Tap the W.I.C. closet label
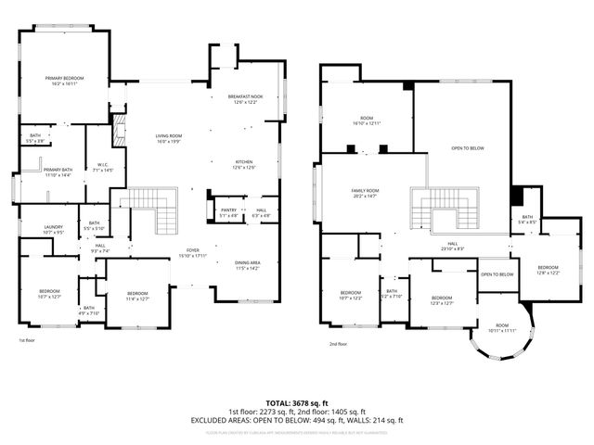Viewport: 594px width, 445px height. pos(104,169)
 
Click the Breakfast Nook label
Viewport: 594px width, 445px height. pos(244,99)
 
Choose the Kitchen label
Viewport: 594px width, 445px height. pos(243,164)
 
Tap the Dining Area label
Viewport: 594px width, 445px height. pos(247,265)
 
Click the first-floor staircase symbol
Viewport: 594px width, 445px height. pos(156,209)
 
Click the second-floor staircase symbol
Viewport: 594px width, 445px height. pos(448,209)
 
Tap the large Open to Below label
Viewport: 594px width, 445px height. pos(468,148)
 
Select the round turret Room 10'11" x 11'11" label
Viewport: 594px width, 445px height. pos(502,327)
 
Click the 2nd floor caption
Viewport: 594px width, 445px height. pos(337,343)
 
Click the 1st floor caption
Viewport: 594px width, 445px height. pos(27,340)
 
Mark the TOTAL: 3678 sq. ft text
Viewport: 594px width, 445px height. pos(297,403)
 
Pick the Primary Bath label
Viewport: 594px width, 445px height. pos(58,172)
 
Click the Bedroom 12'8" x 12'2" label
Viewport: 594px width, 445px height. pos(548,270)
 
